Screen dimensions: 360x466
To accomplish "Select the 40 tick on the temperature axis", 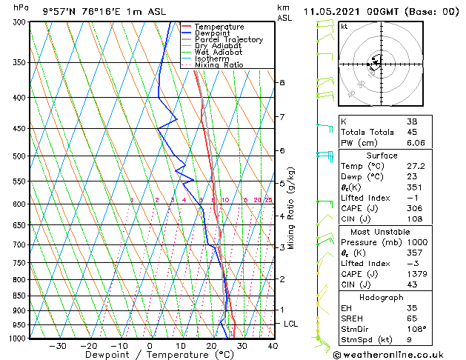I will pos(273,345).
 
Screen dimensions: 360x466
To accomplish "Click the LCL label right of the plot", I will pos(291,324).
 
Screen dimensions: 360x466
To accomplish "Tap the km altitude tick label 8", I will pos(282,82).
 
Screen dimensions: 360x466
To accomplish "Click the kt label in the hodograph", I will pos(344,26).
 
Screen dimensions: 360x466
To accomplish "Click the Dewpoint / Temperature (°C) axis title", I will pos(150,355).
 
